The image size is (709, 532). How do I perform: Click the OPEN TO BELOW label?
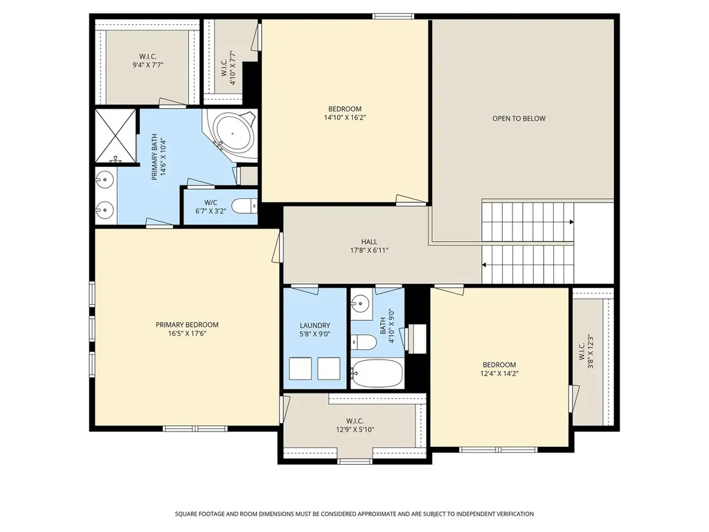coord(519,118)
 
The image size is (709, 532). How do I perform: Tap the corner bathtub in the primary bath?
coord(233,134)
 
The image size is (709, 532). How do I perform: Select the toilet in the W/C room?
coord(244,206)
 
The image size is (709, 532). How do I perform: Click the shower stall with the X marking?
coord(116,135)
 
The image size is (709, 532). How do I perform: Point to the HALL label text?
coord(369,242)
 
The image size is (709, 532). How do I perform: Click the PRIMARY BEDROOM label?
coord(187,325)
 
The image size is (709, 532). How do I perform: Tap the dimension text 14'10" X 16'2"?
coord(345,118)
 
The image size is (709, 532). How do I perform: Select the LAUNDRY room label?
coord(315,326)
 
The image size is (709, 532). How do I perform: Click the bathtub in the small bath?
coord(376,373)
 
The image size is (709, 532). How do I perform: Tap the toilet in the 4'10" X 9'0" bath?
coord(363,342)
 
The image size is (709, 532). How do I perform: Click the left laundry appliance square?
coord(300,369)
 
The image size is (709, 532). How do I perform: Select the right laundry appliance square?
coord(329,369)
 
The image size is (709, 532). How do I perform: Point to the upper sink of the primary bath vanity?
coord(104,179)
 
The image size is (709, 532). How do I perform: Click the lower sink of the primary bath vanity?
coord(104,210)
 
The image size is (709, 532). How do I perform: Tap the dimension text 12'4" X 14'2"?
coord(499,373)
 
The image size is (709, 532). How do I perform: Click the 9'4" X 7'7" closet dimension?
coord(148,64)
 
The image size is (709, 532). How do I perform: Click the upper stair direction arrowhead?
coord(571,222)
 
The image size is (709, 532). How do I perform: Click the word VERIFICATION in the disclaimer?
coord(513,514)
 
